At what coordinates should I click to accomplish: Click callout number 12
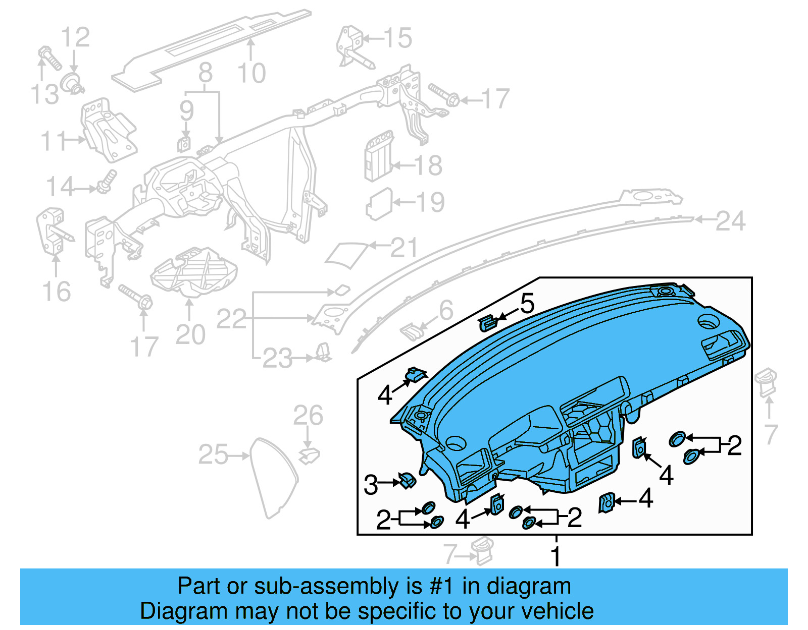[x=75, y=38]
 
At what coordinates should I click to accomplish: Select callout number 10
[x=251, y=74]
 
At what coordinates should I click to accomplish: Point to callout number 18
[x=428, y=165]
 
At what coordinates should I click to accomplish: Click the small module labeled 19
[x=379, y=204]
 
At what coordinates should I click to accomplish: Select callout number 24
[x=730, y=221]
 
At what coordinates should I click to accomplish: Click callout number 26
[x=308, y=416]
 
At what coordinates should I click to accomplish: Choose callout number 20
[x=190, y=334]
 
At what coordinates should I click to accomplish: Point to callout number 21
[x=405, y=248]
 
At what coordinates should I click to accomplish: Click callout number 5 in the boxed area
[x=527, y=304]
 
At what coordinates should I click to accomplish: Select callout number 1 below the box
[x=555, y=556]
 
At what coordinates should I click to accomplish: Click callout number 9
[x=186, y=110]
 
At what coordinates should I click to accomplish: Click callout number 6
[x=445, y=310]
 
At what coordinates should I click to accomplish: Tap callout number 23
[x=277, y=359]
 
